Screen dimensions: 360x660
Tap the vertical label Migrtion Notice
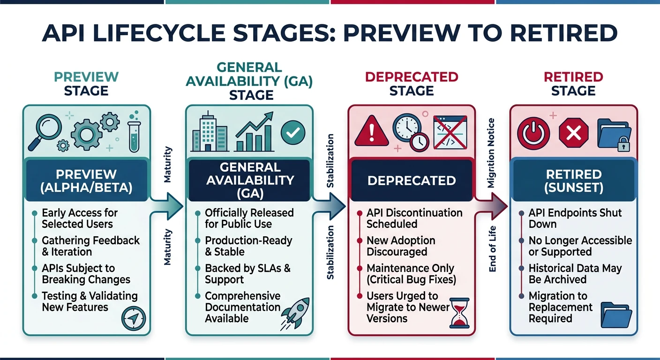[x=491, y=153]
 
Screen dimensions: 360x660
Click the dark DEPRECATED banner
[x=412, y=180]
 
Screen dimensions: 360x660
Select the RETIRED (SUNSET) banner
[x=574, y=181]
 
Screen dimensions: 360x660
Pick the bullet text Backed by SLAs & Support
[x=247, y=274]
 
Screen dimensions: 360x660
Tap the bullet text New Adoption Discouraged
[x=401, y=246]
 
